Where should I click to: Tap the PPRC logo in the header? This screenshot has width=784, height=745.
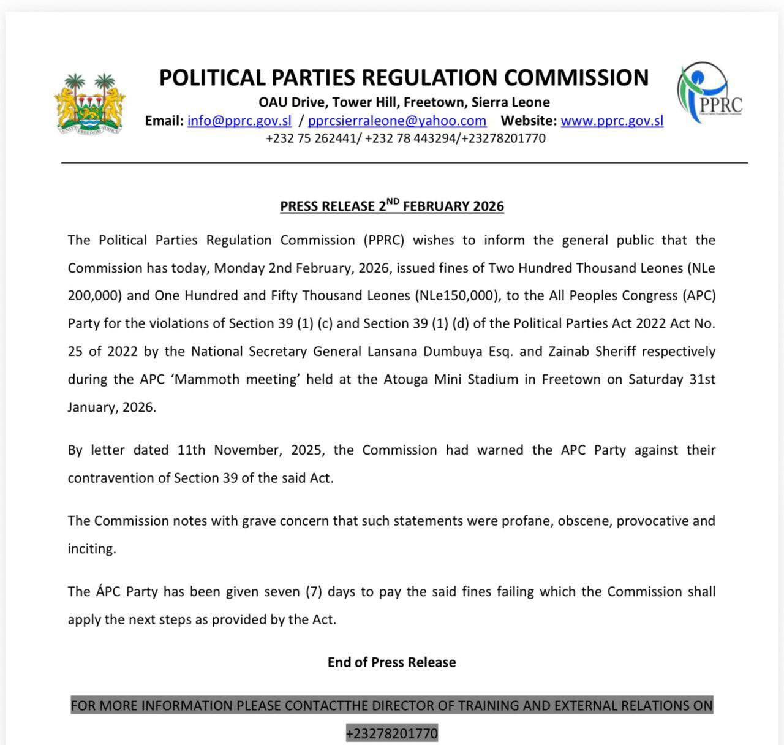pos(710,93)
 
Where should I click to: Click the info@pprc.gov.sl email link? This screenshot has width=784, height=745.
pos(239,121)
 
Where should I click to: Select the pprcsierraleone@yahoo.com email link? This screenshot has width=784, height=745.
pos(397,121)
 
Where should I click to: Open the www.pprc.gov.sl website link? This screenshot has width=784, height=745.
pos(612,121)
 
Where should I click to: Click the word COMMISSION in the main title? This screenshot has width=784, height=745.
pos(576,78)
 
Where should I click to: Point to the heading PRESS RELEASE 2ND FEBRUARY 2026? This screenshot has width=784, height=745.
pos(392,206)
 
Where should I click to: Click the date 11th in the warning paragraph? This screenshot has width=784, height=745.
pos(191,450)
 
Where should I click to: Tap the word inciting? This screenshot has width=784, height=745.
pos(91,549)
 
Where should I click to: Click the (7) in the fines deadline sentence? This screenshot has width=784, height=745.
pos(310,592)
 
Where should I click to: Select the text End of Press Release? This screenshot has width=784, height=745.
pos(392,662)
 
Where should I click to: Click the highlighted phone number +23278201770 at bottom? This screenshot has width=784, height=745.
pos(392,733)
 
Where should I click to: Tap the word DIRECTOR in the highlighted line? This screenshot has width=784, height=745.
pos(399,706)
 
